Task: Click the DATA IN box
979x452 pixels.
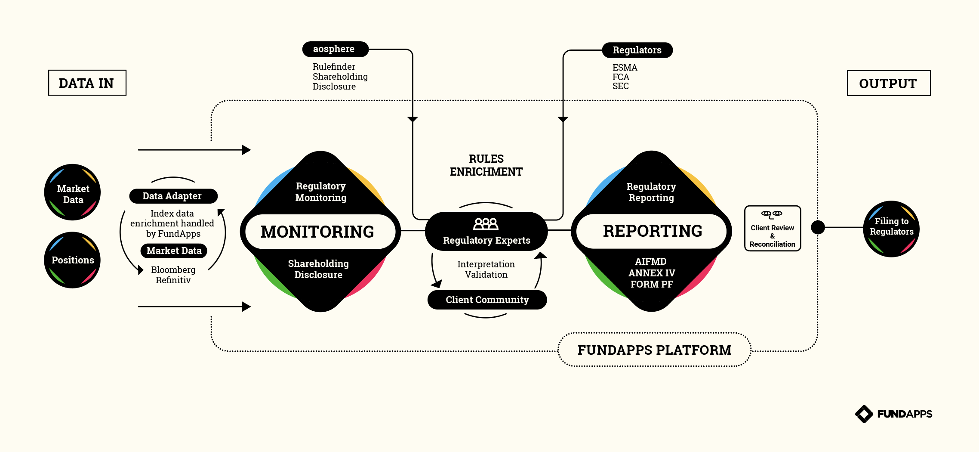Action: tap(87, 83)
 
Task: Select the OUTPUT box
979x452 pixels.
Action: tap(888, 83)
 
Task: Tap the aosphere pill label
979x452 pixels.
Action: tap(335, 49)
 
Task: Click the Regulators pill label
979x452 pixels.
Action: tap(637, 50)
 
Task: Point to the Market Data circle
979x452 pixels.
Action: tap(72, 192)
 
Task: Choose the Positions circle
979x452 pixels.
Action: tap(72, 260)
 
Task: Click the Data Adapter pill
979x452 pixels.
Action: tap(173, 196)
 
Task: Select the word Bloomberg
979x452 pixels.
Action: tap(173, 270)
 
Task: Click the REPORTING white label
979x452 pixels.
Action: tap(652, 231)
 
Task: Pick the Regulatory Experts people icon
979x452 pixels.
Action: tap(486, 224)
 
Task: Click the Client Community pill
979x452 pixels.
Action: tap(487, 300)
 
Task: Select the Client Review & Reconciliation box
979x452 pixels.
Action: tap(772, 229)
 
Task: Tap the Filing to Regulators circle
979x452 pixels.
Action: tap(891, 229)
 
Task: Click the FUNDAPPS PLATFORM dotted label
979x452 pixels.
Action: tap(654, 350)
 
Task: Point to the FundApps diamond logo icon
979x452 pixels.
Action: tap(864, 414)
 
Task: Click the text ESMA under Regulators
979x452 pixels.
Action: tap(625, 68)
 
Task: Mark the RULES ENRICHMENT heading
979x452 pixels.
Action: tap(486, 165)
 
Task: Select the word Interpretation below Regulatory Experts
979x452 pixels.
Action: tap(486, 264)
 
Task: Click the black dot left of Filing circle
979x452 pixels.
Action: tap(818, 227)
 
